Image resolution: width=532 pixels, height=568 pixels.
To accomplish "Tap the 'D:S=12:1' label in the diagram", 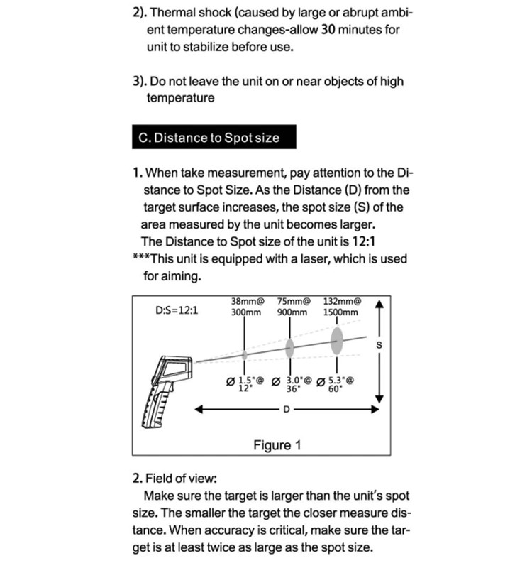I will [x=176, y=310].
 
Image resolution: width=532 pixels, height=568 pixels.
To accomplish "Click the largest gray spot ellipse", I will [x=337, y=339].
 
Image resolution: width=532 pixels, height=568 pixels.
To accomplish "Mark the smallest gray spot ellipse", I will [x=245, y=354].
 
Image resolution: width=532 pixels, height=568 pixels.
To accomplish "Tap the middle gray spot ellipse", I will [x=290, y=347].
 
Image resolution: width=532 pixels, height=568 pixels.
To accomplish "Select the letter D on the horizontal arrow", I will [x=287, y=410].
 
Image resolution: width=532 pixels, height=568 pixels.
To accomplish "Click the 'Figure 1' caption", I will [x=277, y=445].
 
